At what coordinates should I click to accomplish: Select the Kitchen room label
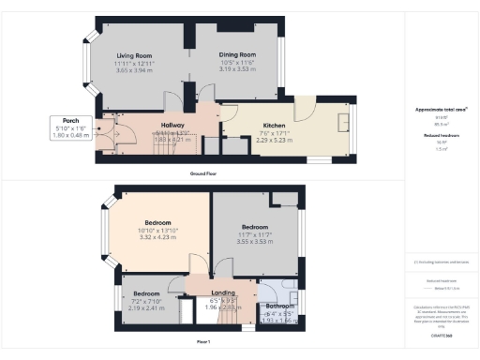pyautogui.click(x=275, y=125)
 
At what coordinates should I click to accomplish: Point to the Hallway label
pyautogui.click(x=172, y=125)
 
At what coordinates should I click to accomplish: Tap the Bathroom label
pyautogui.click(x=278, y=306)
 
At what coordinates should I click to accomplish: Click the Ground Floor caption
pyautogui.click(x=203, y=174)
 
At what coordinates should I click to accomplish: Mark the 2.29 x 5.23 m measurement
pyautogui.click(x=275, y=139)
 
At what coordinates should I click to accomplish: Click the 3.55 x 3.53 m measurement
pyautogui.click(x=255, y=241)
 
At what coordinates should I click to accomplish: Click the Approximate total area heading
pyautogui.click(x=441, y=110)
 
